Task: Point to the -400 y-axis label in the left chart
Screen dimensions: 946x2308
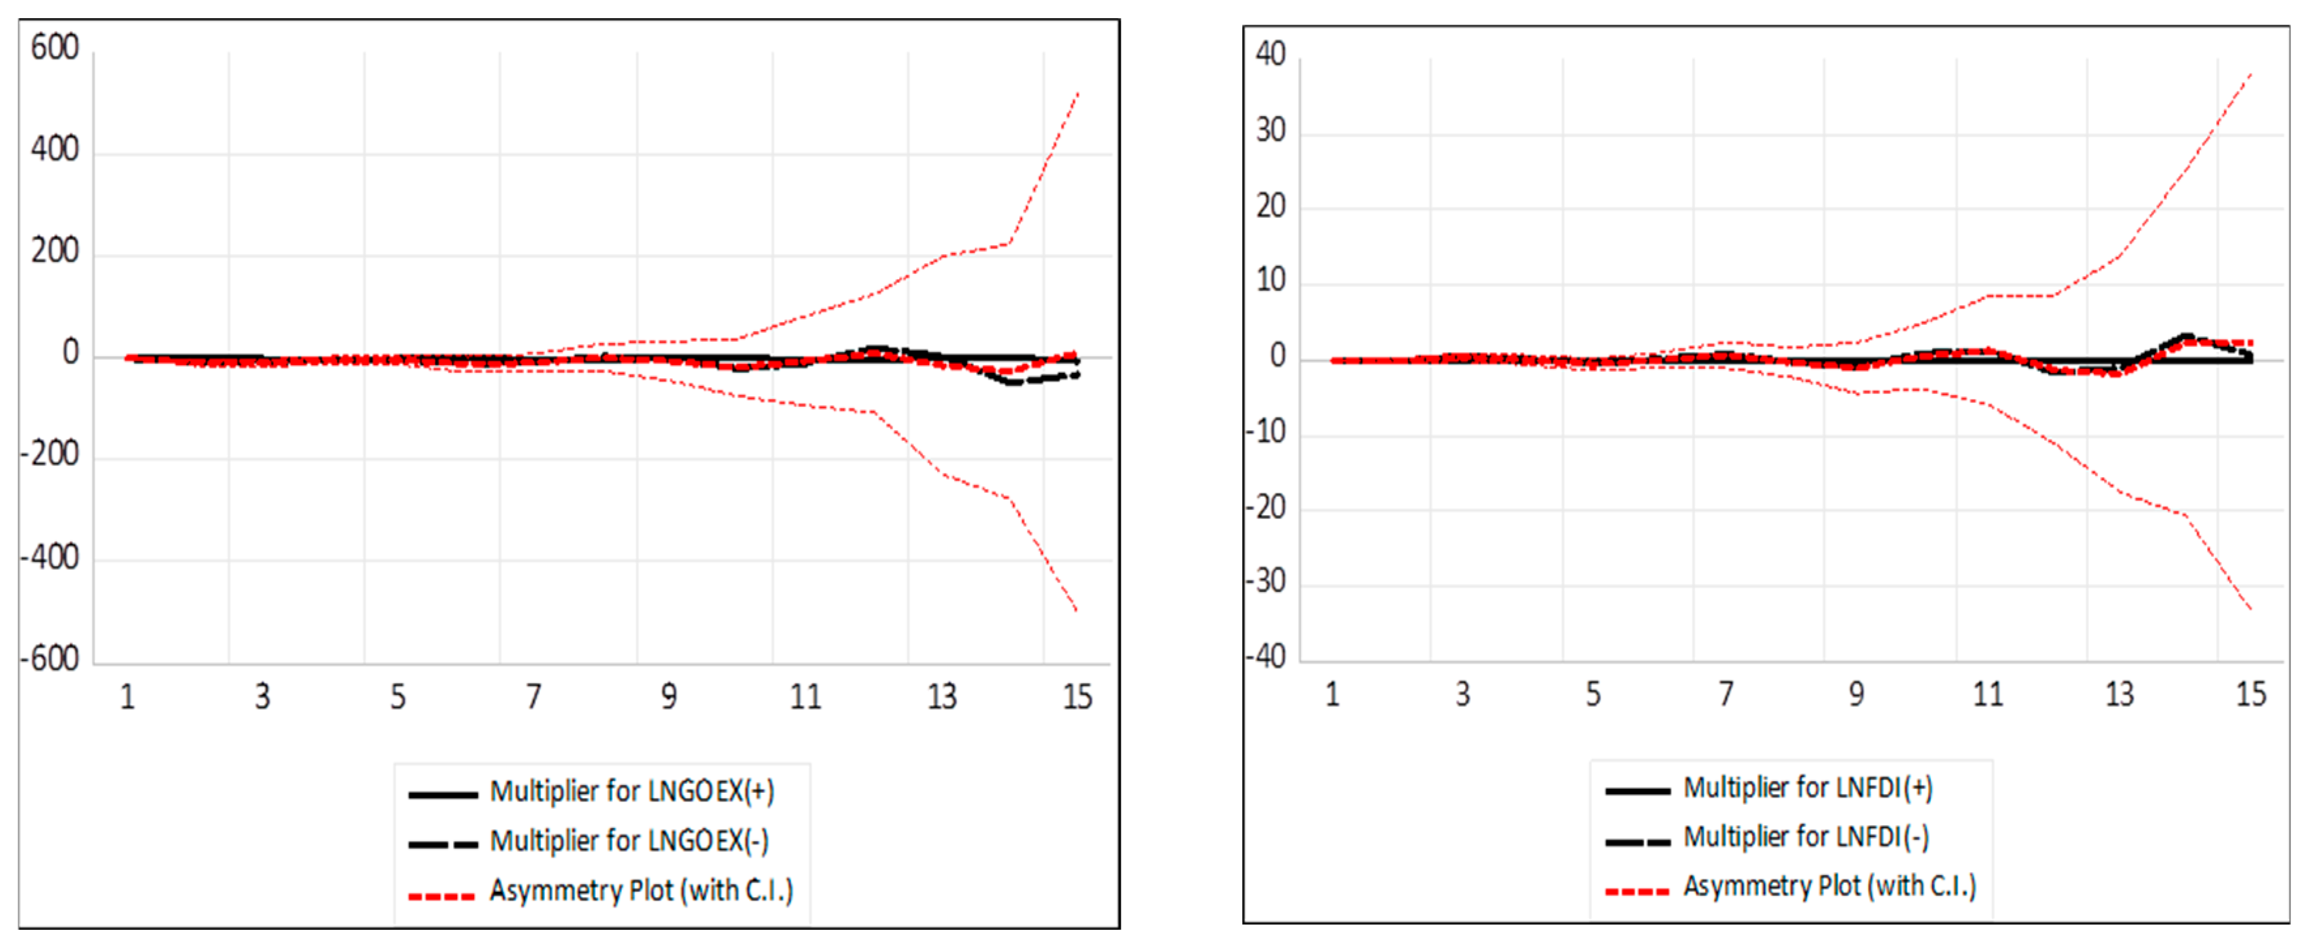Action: tap(50, 558)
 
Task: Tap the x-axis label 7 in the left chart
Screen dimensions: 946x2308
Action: tap(533, 696)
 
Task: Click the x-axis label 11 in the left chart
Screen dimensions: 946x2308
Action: tap(805, 696)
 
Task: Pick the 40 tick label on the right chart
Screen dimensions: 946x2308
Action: tap(1271, 53)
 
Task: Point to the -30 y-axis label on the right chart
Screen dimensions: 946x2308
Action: tap(1265, 582)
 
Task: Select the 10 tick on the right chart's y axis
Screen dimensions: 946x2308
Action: tap(1271, 281)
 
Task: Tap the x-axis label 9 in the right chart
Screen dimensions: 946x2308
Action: tap(1856, 694)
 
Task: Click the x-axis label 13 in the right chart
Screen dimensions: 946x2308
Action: tap(2119, 694)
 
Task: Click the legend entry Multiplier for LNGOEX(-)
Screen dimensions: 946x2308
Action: tap(629, 841)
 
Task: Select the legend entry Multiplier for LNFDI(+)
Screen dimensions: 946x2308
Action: tap(1808, 788)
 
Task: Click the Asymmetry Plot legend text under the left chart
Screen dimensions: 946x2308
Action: tap(642, 891)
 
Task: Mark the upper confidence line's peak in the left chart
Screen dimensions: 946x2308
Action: tap(1077, 93)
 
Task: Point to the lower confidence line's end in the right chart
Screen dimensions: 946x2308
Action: tap(2251, 609)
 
